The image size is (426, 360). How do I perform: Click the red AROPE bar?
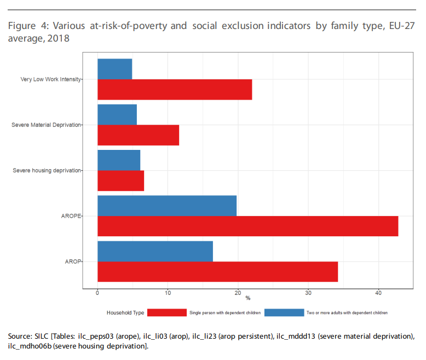point(247,226)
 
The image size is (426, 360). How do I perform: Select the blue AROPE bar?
point(167,205)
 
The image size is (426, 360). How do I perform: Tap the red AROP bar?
point(217,271)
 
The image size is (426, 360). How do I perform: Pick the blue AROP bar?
point(155,251)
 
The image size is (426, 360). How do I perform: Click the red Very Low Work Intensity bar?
point(175,89)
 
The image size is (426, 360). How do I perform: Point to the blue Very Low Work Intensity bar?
point(114,69)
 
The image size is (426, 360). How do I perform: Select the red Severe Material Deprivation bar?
point(138,135)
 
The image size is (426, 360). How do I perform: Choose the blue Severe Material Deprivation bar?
point(117,114)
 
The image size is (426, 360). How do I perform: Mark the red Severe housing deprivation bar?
point(120,181)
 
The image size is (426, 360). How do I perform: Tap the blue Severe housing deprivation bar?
point(119,160)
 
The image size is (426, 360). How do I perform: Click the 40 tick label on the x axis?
point(378,292)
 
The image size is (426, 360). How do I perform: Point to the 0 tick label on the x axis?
point(97,292)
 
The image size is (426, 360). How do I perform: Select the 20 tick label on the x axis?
point(238,292)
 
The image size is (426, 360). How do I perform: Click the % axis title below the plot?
point(247,298)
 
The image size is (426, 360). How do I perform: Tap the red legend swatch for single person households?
point(167,312)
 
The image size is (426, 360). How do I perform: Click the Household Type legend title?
point(125,313)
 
